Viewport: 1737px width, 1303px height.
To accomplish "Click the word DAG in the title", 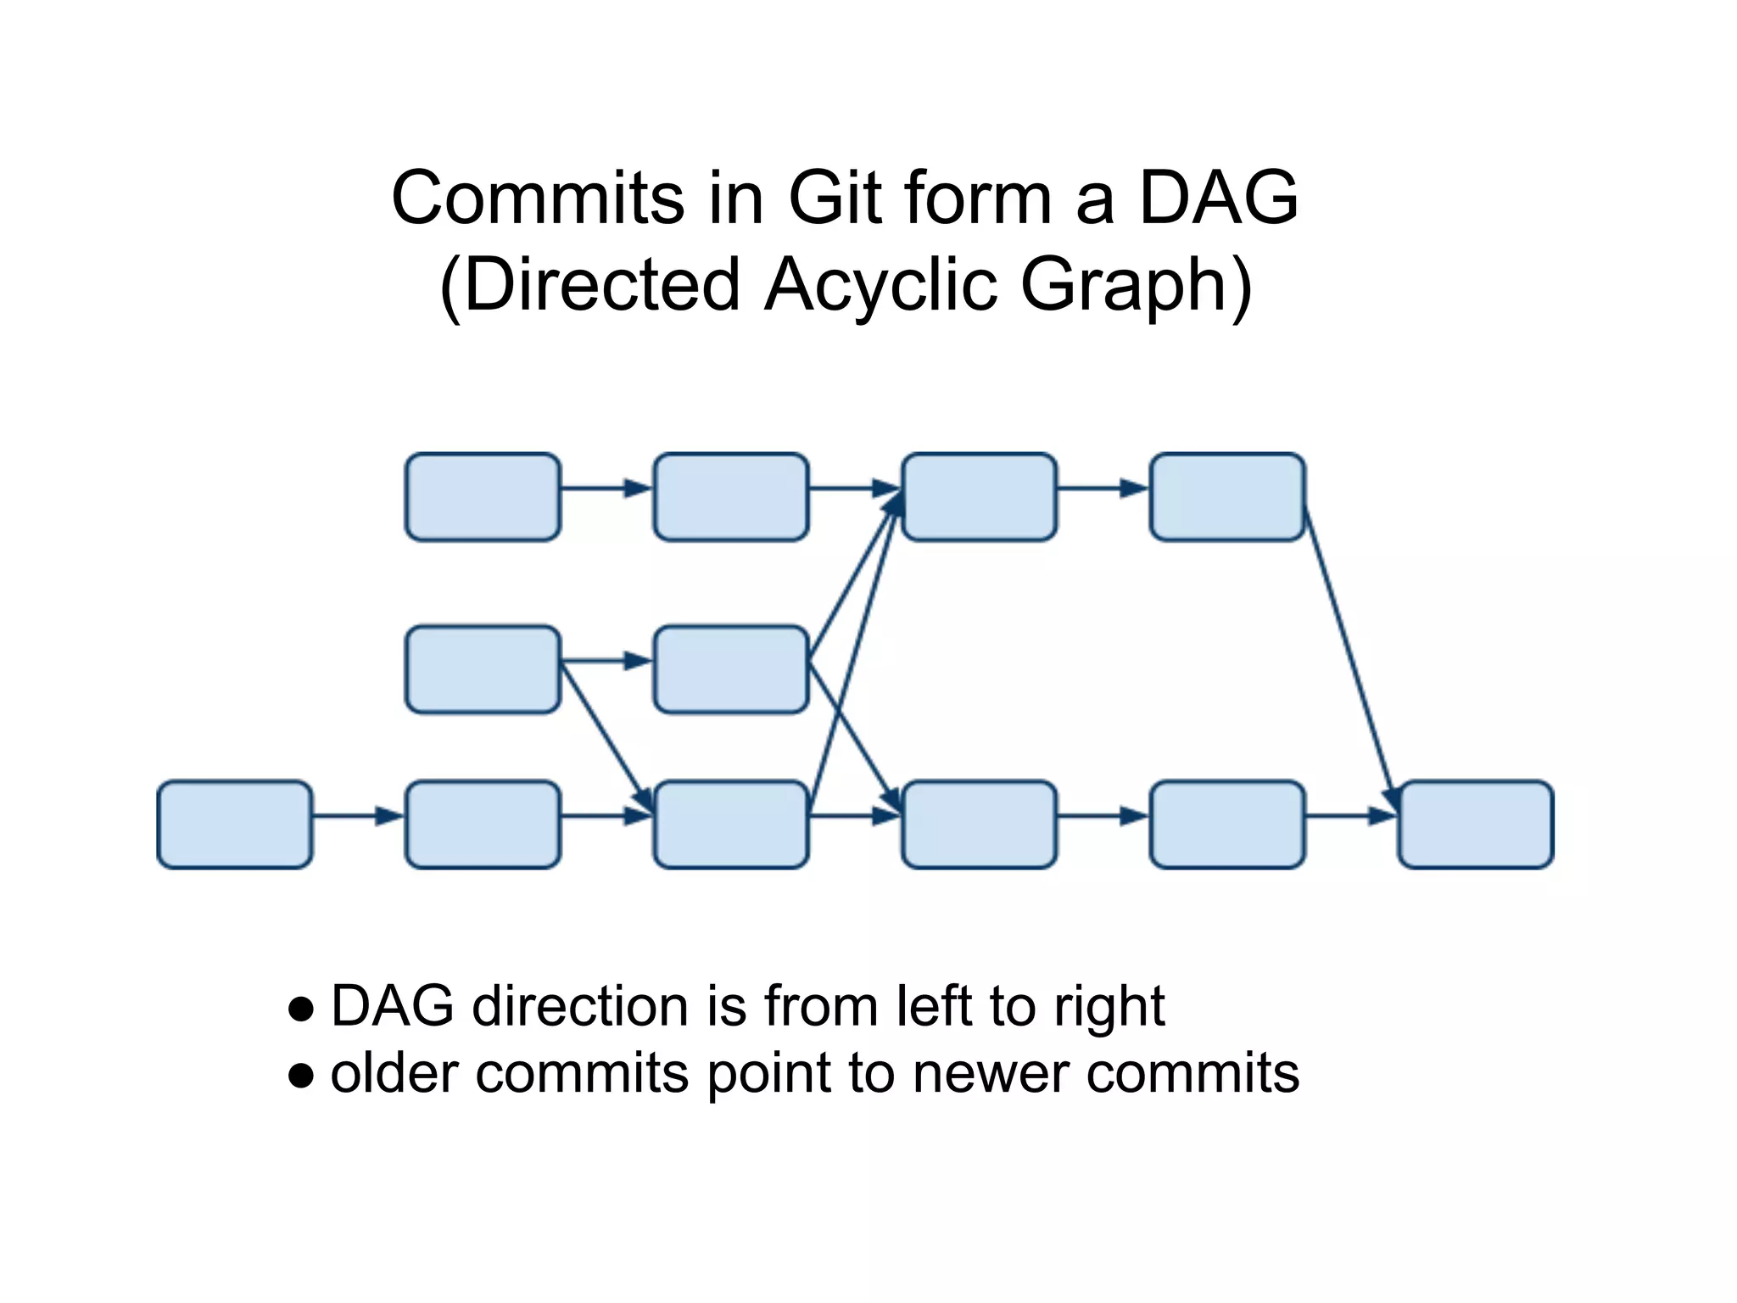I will pyautogui.click(x=1218, y=198).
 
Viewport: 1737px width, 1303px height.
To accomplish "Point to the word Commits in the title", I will pyautogui.click(x=537, y=198).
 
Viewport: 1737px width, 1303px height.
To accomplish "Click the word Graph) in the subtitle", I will pyautogui.click(x=1136, y=285).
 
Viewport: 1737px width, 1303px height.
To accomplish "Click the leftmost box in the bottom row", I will pyautogui.click(x=235, y=825).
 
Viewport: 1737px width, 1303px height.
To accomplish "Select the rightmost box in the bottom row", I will pyautogui.click(x=1475, y=825).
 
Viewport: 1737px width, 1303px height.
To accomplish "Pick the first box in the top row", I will pyautogui.click(x=483, y=497).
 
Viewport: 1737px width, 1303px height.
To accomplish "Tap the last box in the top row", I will pyautogui.click(x=1226, y=497).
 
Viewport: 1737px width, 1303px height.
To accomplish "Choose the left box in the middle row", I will pyautogui.click(x=483, y=669).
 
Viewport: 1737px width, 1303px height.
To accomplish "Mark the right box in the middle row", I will pyautogui.click(x=730, y=669).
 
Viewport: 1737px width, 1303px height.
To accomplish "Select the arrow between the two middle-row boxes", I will pyautogui.click(x=606, y=660).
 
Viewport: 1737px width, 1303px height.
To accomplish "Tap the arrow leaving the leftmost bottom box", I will pyautogui.click(x=357, y=816).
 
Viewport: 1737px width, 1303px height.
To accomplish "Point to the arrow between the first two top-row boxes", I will pyautogui.click(x=606, y=488).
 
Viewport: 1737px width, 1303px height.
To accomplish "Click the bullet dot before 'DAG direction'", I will pyautogui.click(x=301, y=1009).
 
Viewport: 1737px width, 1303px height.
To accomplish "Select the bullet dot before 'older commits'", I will pyautogui.click(x=301, y=1076).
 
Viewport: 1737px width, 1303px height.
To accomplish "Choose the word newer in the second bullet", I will pyautogui.click(x=992, y=1074).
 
